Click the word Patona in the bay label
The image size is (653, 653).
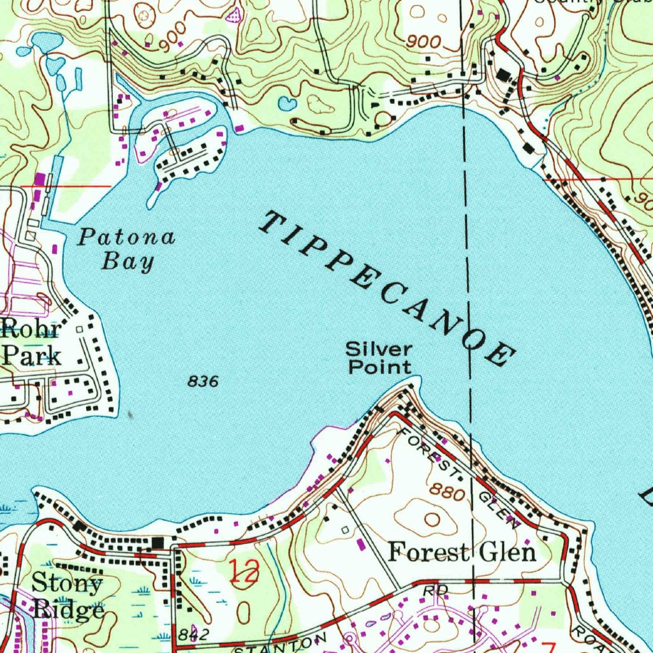(126, 238)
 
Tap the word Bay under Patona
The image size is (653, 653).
(129, 261)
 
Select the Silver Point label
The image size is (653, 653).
(379, 358)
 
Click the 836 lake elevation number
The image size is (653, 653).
(203, 382)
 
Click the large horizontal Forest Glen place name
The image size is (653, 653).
(462, 552)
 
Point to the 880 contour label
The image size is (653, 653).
(444, 490)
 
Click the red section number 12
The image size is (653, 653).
(244, 571)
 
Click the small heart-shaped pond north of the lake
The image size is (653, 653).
(288, 103)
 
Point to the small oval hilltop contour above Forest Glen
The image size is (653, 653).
(433, 520)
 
